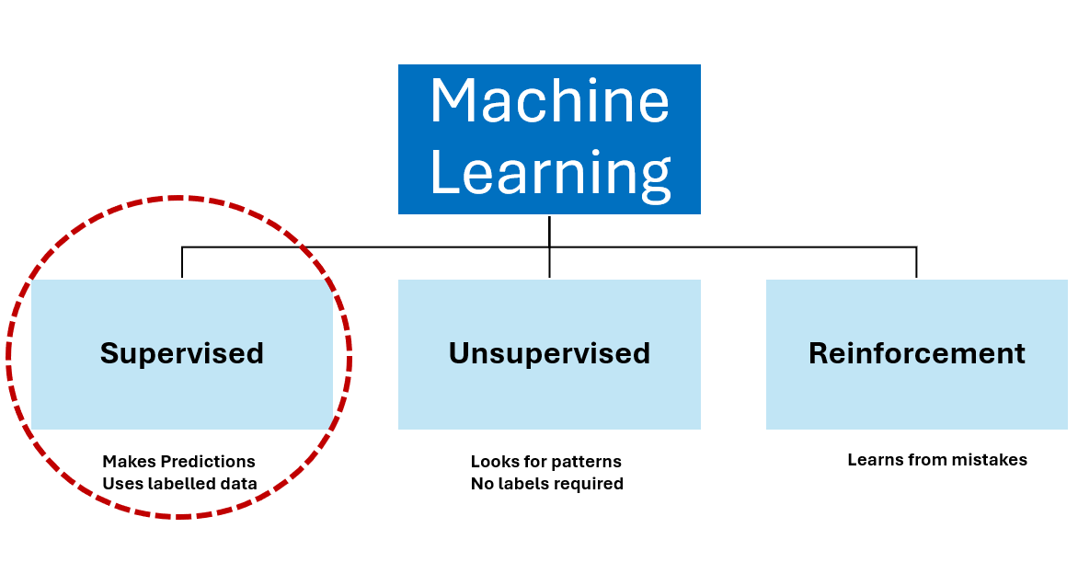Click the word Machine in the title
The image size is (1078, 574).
[549, 101]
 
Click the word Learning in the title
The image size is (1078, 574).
[549, 172]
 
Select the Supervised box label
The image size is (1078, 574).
[181, 353]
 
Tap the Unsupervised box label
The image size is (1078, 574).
[549, 353]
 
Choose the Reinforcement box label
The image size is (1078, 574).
[916, 353]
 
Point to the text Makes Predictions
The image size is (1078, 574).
[178, 462]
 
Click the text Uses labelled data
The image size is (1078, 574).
[179, 484]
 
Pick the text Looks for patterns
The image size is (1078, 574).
[545, 462]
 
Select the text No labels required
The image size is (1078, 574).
[546, 484]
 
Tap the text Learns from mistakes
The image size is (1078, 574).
[936, 460]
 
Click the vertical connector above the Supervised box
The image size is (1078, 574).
[182, 263]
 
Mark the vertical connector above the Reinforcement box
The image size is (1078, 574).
[916, 263]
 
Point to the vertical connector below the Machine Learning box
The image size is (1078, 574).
[549, 230]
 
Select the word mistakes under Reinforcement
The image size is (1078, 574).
[993, 460]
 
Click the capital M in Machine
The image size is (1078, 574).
[454, 101]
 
